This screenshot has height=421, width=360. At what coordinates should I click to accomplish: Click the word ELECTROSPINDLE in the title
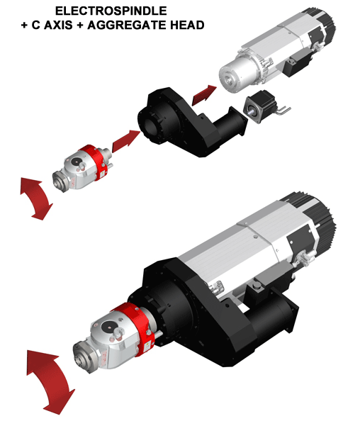tap(111, 11)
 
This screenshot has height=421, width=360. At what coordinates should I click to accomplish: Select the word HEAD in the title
tap(187, 25)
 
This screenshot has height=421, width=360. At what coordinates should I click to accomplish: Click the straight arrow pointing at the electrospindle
tap(204, 95)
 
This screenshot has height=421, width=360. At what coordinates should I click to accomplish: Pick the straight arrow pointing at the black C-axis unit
tap(126, 141)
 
